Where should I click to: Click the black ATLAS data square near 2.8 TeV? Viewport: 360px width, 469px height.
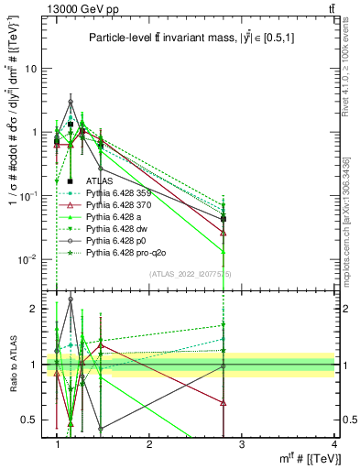pyautogui.click(x=224, y=219)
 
